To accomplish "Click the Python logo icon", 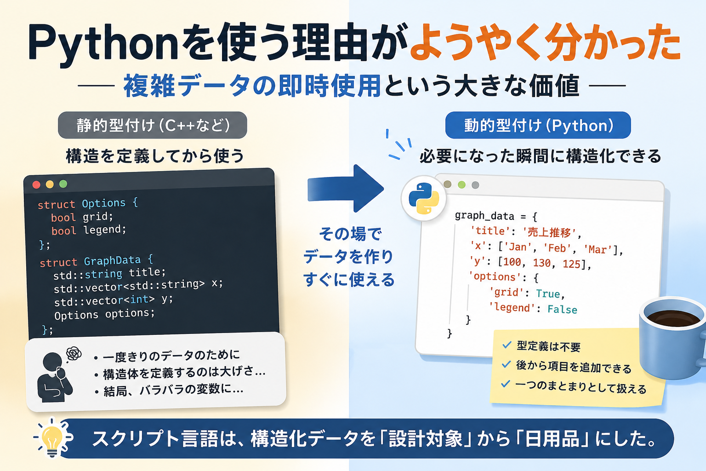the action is pos(424,198).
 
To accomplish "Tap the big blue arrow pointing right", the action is pos(346,189).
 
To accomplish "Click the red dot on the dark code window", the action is pos(36,185).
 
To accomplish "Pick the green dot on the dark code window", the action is pos(63,184).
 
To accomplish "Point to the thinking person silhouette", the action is pos(54,377).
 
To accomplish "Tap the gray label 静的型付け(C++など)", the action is pos(153,125).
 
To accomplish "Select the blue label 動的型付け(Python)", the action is pos(538,125).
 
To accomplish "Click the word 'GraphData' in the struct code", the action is pos(112,261).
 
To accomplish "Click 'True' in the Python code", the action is pos(548,294).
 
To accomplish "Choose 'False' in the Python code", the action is pos(562,309).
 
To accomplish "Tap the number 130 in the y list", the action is pos(542,263).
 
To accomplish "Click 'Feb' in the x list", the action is pos(557,248).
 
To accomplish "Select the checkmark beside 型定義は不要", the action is pos(507,345).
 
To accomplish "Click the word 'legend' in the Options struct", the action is pos(105,230).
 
